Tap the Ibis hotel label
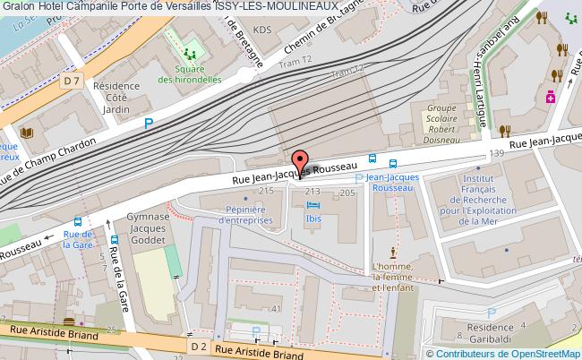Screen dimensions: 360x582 point(312,220)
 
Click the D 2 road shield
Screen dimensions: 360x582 point(198,344)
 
